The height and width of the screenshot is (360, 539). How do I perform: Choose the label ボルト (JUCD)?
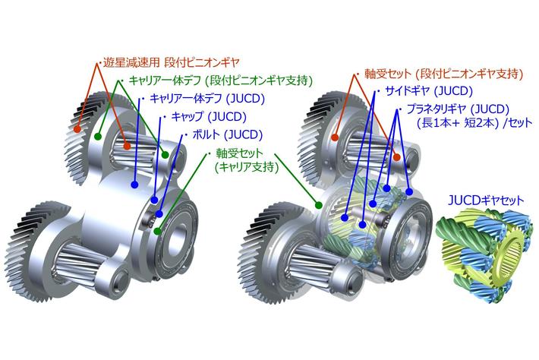coord(222,136)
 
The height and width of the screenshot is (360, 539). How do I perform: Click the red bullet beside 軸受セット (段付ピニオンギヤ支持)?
coord(357,74)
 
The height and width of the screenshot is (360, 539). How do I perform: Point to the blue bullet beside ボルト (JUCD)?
coord(183,136)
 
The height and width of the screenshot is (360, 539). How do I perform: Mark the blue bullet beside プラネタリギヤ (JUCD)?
coord(398,109)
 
